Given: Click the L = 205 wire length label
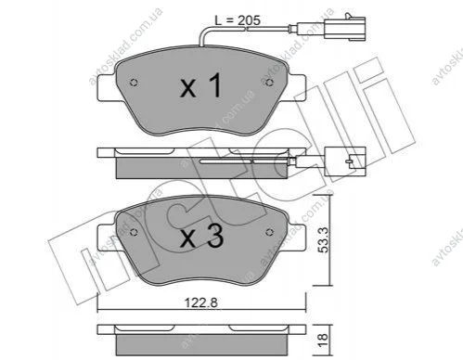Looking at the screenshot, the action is coord(238,20).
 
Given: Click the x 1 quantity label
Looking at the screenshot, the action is coord(201,85).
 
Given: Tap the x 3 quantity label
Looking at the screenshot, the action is coord(201,237).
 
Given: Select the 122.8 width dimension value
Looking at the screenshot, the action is coord(201,302).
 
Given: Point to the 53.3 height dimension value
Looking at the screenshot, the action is coord(324,239).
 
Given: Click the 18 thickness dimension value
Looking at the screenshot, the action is coord(323,341).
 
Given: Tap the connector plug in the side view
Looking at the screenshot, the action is coord(345,164).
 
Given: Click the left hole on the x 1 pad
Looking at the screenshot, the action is coord(134,83).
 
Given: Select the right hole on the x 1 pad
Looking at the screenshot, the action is coord(270,83).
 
